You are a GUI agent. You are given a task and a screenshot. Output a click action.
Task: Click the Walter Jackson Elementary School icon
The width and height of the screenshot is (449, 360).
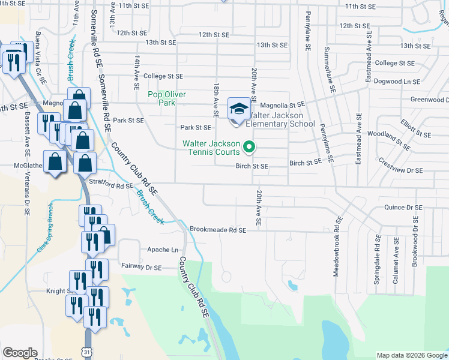239,110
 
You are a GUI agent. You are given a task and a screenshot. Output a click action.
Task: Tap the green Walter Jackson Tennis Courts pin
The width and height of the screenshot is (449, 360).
249,146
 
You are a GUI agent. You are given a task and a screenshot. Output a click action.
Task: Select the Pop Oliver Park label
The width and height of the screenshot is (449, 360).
167,98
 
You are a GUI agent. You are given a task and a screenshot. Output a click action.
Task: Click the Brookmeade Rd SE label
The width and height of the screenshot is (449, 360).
218,229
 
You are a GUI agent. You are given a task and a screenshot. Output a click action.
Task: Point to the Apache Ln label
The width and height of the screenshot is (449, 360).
163,250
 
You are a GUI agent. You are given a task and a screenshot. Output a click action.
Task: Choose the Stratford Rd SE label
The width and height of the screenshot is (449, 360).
111,186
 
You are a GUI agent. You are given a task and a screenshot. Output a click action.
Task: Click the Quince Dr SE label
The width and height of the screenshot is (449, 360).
403,208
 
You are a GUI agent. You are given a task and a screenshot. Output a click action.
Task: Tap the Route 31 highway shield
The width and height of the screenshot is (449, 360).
88,351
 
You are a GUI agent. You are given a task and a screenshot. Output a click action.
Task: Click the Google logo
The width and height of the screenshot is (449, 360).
20,353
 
